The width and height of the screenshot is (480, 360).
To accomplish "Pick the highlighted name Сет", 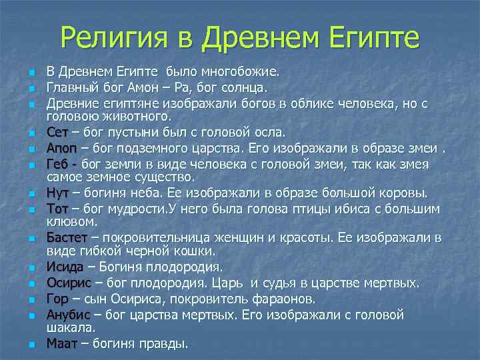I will click(57, 131).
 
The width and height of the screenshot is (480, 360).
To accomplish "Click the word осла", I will click(248, 131).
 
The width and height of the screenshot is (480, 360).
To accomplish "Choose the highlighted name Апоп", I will click(62, 147).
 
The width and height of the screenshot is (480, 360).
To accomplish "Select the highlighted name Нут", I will click(58, 193).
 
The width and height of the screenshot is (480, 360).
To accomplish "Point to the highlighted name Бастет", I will click(67, 237).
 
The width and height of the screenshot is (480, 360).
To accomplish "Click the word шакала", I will click(72, 327).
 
